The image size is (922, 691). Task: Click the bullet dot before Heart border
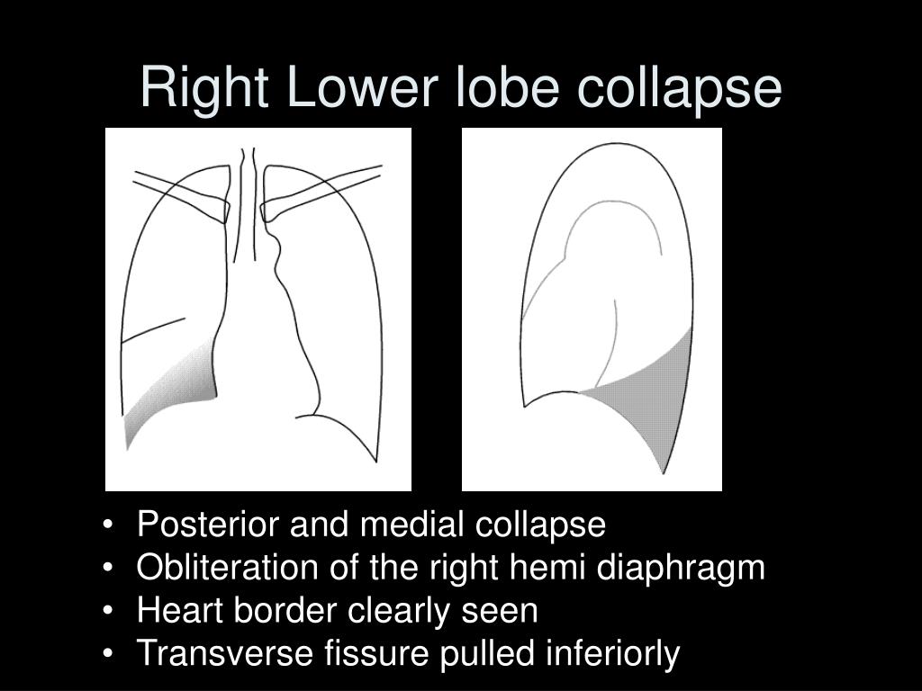tap(109, 612)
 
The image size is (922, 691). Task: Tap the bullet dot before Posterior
tap(109, 525)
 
